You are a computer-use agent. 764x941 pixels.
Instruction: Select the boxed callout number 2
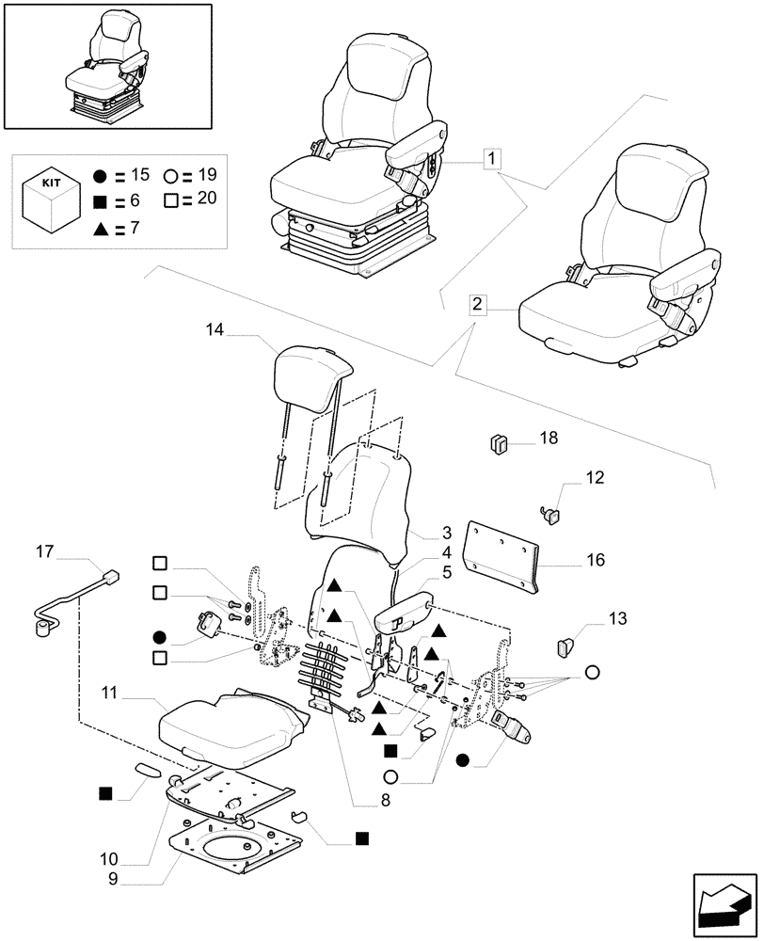tap(478, 305)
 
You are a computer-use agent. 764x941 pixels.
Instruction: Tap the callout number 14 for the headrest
tap(215, 329)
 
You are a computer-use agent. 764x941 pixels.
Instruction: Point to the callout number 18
tap(549, 438)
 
